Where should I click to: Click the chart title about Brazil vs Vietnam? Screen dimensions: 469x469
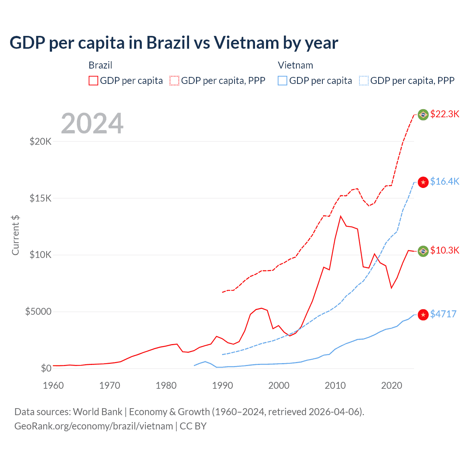pyautogui.click(x=174, y=43)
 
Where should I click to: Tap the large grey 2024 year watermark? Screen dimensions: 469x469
pyautogui.click(x=92, y=123)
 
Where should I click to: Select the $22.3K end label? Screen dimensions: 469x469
pyautogui.click(x=444, y=114)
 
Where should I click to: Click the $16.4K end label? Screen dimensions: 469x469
pyautogui.click(x=444, y=181)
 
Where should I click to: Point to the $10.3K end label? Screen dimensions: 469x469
pyautogui.click(x=444, y=250)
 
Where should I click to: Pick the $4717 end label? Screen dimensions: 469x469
pyautogui.click(x=443, y=314)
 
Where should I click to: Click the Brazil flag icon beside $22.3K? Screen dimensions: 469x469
pyautogui.click(x=423, y=115)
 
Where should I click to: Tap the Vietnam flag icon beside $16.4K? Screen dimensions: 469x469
pyautogui.click(x=423, y=182)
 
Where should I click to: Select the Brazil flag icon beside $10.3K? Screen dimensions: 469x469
pyautogui.click(x=423, y=251)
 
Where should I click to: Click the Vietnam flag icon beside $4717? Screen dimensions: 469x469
pyautogui.click(x=423, y=315)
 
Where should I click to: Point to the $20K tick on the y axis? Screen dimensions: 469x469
pyautogui.click(x=40, y=141)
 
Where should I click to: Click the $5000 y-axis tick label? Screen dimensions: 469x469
pyautogui.click(x=38, y=312)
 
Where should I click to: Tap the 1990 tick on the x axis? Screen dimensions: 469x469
pyautogui.click(x=222, y=385)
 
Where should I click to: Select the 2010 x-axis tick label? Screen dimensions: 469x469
pyautogui.click(x=335, y=385)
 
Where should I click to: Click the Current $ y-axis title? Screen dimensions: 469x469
pyautogui.click(x=15, y=235)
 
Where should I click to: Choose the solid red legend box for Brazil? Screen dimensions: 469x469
pyautogui.click(x=93, y=81)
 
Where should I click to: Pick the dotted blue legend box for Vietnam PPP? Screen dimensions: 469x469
pyautogui.click(x=364, y=81)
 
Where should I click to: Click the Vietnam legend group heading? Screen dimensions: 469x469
pyautogui.click(x=295, y=65)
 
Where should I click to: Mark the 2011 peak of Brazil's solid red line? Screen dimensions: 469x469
pyautogui.click(x=341, y=216)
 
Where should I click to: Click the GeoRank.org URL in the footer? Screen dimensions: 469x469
pyautogui.click(x=93, y=426)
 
